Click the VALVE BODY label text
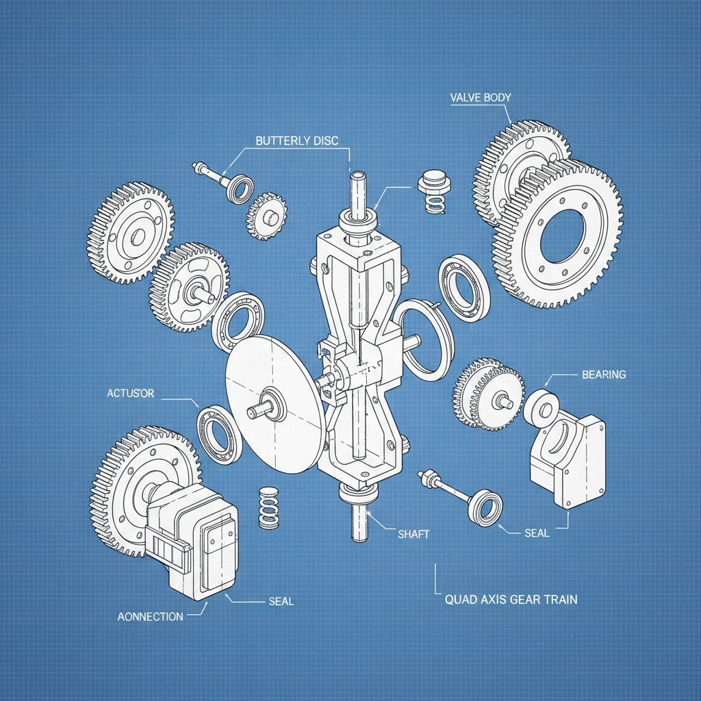point(481,97)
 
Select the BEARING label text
point(603,374)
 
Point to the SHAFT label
point(413,534)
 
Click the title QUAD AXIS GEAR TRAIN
point(511,600)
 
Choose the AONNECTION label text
point(150,616)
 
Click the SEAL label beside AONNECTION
point(280,601)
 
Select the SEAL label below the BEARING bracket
point(536,533)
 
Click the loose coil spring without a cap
point(269,507)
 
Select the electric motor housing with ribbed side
point(192,541)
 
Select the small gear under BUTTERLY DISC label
point(266,216)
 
